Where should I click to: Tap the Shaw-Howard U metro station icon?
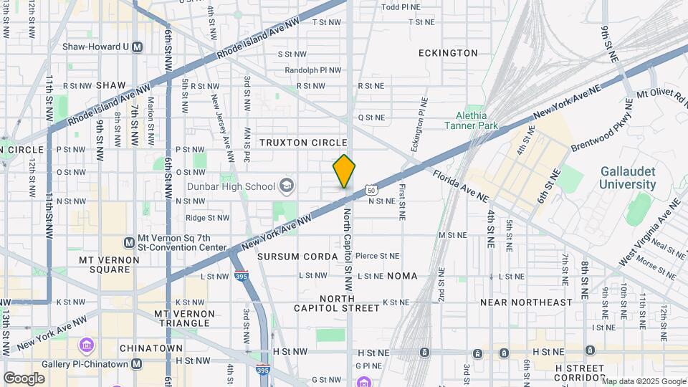coord(138,47)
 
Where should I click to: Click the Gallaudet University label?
coord(629,178)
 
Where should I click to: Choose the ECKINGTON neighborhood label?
coord(448,53)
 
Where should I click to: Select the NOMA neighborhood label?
coord(402,276)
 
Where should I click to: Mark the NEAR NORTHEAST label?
coord(526,302)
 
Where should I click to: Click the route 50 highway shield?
coord(370,190)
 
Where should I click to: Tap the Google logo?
coord(24,378)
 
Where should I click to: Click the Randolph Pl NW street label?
coord(313,70)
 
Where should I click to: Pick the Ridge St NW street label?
coord(207,218)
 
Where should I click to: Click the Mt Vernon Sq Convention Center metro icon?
coord(129,242)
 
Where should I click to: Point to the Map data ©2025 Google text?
coord(643,381)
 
